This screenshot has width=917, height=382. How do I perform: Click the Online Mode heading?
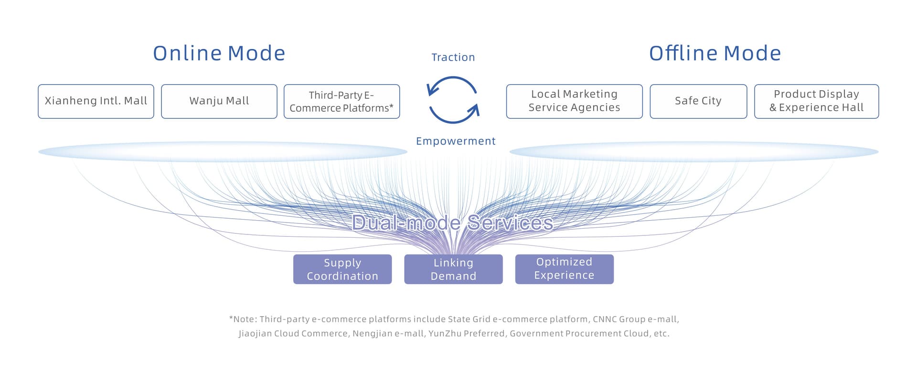tap(219, 53)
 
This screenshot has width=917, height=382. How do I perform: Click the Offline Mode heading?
tap(715, 53)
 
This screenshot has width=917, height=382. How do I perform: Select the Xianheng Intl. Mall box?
tap(96, 101)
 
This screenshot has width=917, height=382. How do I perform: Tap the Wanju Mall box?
tap(219, 101)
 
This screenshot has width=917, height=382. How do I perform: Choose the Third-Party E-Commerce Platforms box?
tap(342, 101)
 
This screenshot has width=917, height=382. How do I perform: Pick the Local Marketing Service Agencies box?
tap(575, 101)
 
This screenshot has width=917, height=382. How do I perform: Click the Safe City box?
tap(698, 101)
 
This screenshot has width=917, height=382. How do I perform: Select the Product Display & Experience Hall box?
tap(817, 101)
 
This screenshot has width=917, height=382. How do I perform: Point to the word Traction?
tap(453, 57)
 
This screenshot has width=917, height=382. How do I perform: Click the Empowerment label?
tap(456, 141)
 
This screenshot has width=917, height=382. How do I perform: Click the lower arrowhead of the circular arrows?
tap(474, 111)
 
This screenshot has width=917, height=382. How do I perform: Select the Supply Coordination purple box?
tap(342, 269)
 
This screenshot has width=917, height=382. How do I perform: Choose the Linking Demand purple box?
tap(453, 269)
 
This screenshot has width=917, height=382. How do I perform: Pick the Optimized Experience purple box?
tap(564, 269)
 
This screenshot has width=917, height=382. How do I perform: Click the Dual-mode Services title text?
tap(452, 223)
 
